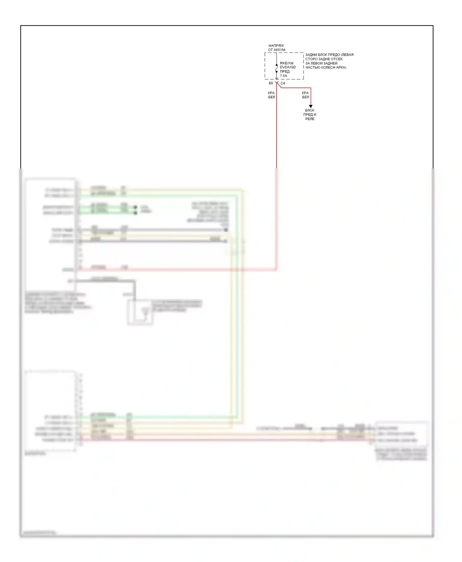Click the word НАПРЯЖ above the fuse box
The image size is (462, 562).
pyautogui.click(x=276, y=46)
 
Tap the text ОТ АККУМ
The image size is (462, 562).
pyautogui.click(x=276, y=50)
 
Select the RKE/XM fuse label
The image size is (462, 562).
pyautogui.click(x=286, y=63)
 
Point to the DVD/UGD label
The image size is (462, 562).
pyautogui.click(x=288, y=67)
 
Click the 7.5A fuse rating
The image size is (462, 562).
pyautogui.click(x=283, y=76)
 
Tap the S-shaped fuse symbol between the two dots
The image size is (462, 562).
pyautogui.click(x=277, y=69)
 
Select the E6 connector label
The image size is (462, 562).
pyautogui.click(x=271, y=83)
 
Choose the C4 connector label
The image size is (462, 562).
pyautogui.click(x=282, y=83)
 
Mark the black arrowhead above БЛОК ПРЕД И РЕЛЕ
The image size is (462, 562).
pyautogui.click(x=310, y=106)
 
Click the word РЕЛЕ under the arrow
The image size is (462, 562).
pyautogui.click(x=310, y=119)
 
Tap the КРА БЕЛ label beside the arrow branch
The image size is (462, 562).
pyautogui.click(x=305, y=95)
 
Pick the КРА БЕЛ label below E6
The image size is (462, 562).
pyautogui.click(x=271, y=95)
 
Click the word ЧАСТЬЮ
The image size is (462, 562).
pyautogui.click(x=312, y=67)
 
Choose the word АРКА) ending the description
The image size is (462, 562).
pyautogui.click(x=341, y=67)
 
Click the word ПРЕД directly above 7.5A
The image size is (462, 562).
pyautogui.click(x=285, y=72)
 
